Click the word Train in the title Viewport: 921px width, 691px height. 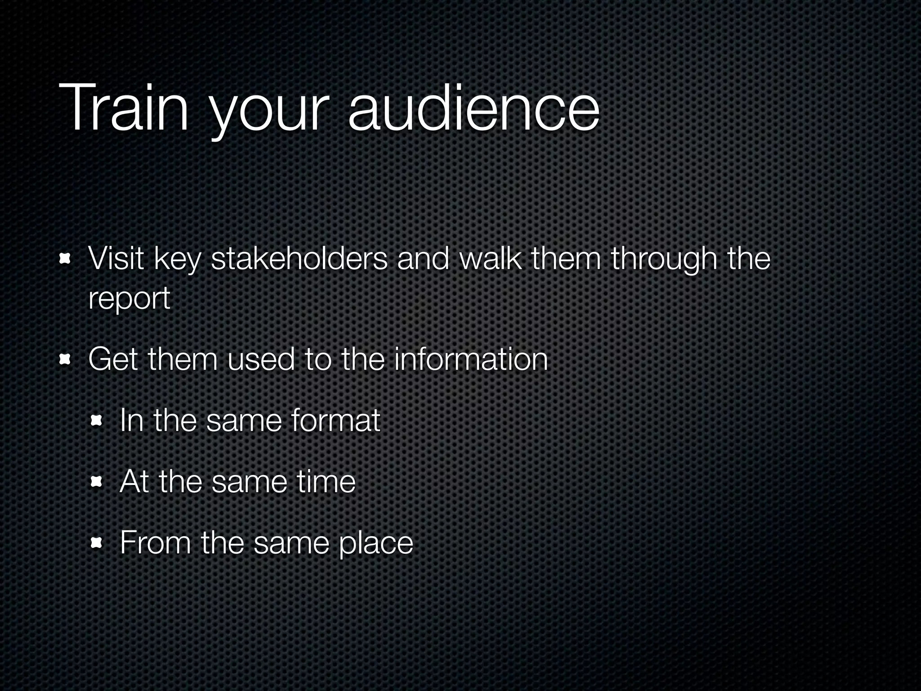coord(124,108)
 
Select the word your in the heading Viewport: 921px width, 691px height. coord(267,112)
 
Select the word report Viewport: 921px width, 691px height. coord(130,299)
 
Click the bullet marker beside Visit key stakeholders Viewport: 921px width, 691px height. coord(66,259)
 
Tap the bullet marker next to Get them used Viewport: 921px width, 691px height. coord(66,359)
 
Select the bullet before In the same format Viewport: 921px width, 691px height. coord(96,421)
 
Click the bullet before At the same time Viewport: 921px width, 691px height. coord(96,482)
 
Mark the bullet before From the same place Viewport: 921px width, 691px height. coord(96,543)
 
